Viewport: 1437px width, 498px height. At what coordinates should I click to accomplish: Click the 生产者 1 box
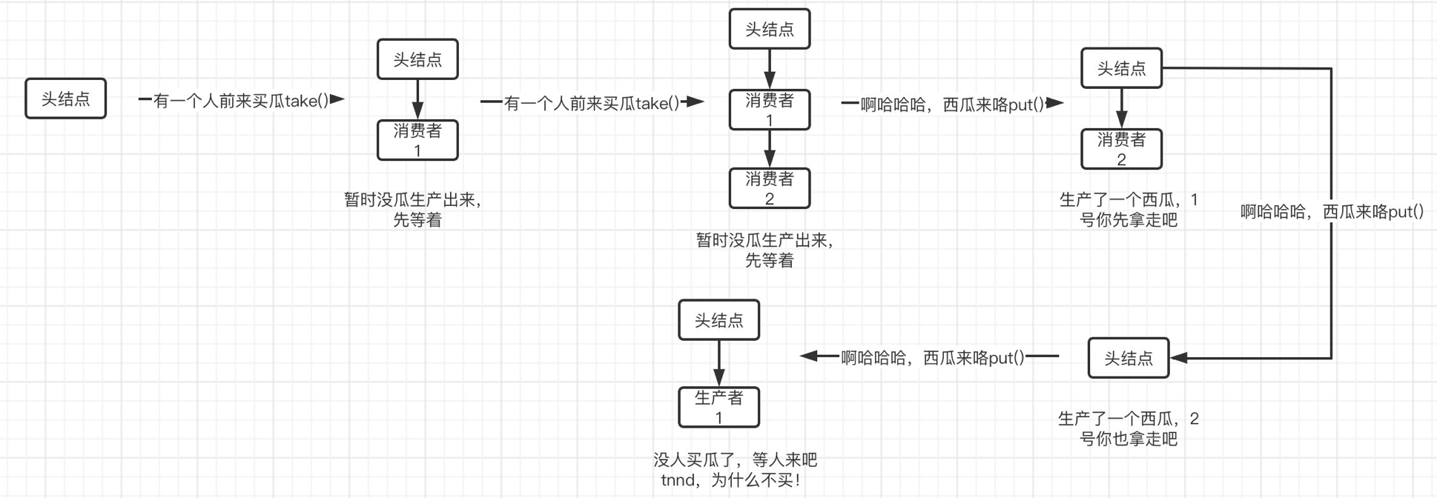pos(718,407)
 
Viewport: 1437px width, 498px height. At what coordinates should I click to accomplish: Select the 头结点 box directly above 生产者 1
pos(718,320)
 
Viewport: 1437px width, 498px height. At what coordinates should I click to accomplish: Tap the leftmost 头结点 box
pos(65,99)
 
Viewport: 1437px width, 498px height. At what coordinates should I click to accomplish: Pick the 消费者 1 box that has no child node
pos(417,140)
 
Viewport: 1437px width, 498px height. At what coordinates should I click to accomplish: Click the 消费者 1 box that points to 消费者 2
pos(769,110)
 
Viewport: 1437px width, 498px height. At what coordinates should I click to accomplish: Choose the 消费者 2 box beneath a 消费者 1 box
pos(769,188)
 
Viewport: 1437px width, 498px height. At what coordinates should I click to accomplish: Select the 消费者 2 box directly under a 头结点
pos(1121,149)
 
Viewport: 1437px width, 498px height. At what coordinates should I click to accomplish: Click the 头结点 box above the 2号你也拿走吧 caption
pos(1128,358)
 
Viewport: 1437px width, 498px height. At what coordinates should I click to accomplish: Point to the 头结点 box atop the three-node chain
pos(769,29)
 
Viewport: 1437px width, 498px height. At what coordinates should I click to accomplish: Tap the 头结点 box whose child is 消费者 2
pos(1121,68)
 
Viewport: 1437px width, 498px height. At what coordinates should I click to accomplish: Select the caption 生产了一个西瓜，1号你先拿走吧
pos(1128,210)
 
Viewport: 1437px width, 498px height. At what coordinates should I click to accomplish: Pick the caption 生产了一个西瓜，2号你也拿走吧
pos(1128,429)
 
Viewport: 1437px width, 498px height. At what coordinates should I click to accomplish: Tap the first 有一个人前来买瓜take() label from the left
pos(241,101)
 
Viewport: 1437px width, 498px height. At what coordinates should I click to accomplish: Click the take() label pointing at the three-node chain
pos(591,103)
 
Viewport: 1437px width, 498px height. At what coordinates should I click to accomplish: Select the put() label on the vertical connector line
pos(1332,212)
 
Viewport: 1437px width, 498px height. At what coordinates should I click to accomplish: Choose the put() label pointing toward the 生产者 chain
pos(932,358)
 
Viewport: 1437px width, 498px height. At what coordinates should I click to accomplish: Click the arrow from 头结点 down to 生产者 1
pos(718,363)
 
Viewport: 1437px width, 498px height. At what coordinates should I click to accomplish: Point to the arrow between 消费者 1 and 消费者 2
pos(769,149)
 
